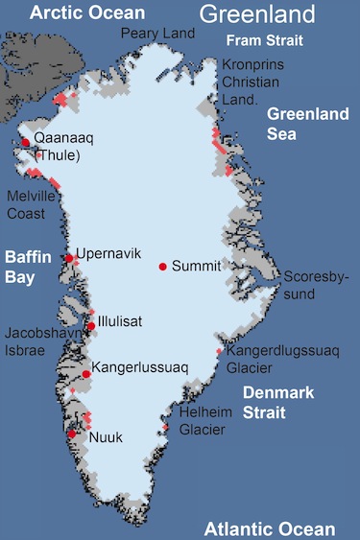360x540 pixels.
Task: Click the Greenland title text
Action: pos(256,14)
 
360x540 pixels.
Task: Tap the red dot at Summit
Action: pos(163,266)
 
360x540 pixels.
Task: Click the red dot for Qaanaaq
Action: pos(25,143)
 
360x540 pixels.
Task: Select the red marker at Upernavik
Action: pos(70,258)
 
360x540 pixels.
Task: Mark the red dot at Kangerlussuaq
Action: pos(86,373)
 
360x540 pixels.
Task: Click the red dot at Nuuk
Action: pos(72,434)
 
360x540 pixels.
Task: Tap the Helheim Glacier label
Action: pos(203,421)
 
